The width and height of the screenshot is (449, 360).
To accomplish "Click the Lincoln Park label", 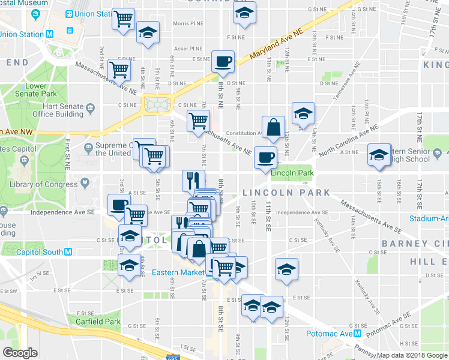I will click(x=292, y=173).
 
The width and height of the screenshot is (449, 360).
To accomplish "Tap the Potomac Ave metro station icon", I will click(x=358, y=333).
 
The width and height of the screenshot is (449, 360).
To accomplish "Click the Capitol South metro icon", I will click(x=68, y=252).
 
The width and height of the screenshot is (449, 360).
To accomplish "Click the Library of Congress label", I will click(x=47, y=183).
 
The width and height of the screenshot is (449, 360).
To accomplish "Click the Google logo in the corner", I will click(x=20, y=353).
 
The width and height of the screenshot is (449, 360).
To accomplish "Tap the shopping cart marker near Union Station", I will click(x=123, y=19).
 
